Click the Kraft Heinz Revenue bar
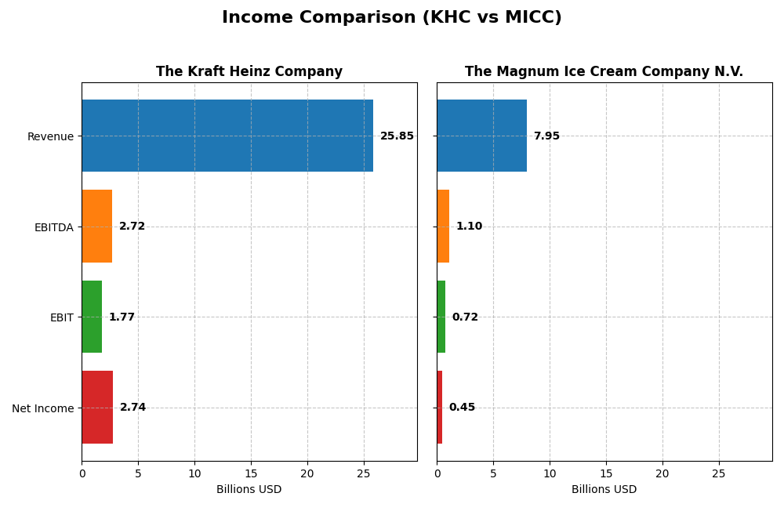[x=227, y=136]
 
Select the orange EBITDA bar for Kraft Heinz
[x=97, y=227]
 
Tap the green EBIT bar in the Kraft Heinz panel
[x=92, y=317]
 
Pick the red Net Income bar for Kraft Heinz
[x=97, y=408]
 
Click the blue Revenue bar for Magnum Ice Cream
[x=481, y=136]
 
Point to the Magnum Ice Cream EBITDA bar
[x=443, y=227]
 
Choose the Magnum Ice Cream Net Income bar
[x=440, y=408]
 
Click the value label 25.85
[x=397, y=136]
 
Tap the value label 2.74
[x=132, y=408]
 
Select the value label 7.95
[x=546, y=136]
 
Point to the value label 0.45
[x=462, y=408]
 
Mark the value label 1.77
[x=122, y=317]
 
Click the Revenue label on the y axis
[x=50, y=137]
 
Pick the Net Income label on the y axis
[x=42, y=408]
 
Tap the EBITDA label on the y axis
[x=53, y=227]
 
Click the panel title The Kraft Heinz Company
[x=249, y=72]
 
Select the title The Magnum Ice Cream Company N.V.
[x=604, y=72]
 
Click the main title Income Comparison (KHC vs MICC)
[x=392, y=18]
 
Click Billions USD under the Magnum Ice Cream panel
[x=604, y=490]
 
